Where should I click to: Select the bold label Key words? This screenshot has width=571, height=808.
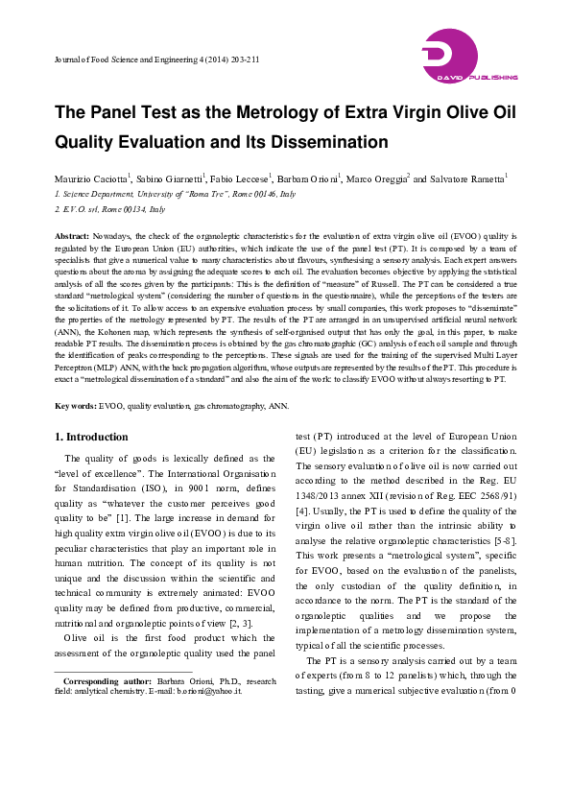[76, 407]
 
